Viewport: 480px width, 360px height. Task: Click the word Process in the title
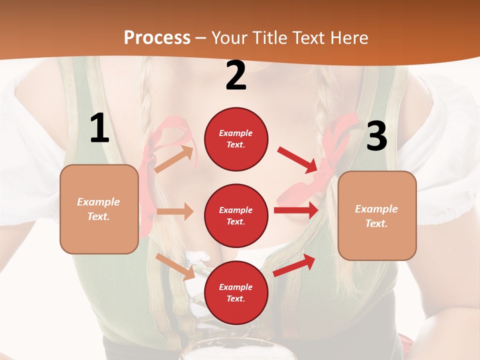pos(157,38)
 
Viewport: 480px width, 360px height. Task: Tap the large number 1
pos(99,128)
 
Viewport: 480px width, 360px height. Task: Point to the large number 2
pos(236,75)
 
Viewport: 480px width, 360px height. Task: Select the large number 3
pos(376,136)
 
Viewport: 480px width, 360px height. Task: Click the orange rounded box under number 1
pos(99,209)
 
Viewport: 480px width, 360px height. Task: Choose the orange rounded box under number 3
pos(377,215)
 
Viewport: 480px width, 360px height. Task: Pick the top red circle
pos(236,139)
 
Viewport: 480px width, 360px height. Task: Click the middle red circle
pos(236,215)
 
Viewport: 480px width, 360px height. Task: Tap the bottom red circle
pos(236,292)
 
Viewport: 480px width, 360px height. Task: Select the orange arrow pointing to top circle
pos(174,159)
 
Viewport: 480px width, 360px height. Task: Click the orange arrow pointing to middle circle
pos(175,211)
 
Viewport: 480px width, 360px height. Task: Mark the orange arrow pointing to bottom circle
pos(175,266)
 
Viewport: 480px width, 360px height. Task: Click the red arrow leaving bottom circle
pos(294,264)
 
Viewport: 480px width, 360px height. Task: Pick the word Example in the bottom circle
pos(236,287)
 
